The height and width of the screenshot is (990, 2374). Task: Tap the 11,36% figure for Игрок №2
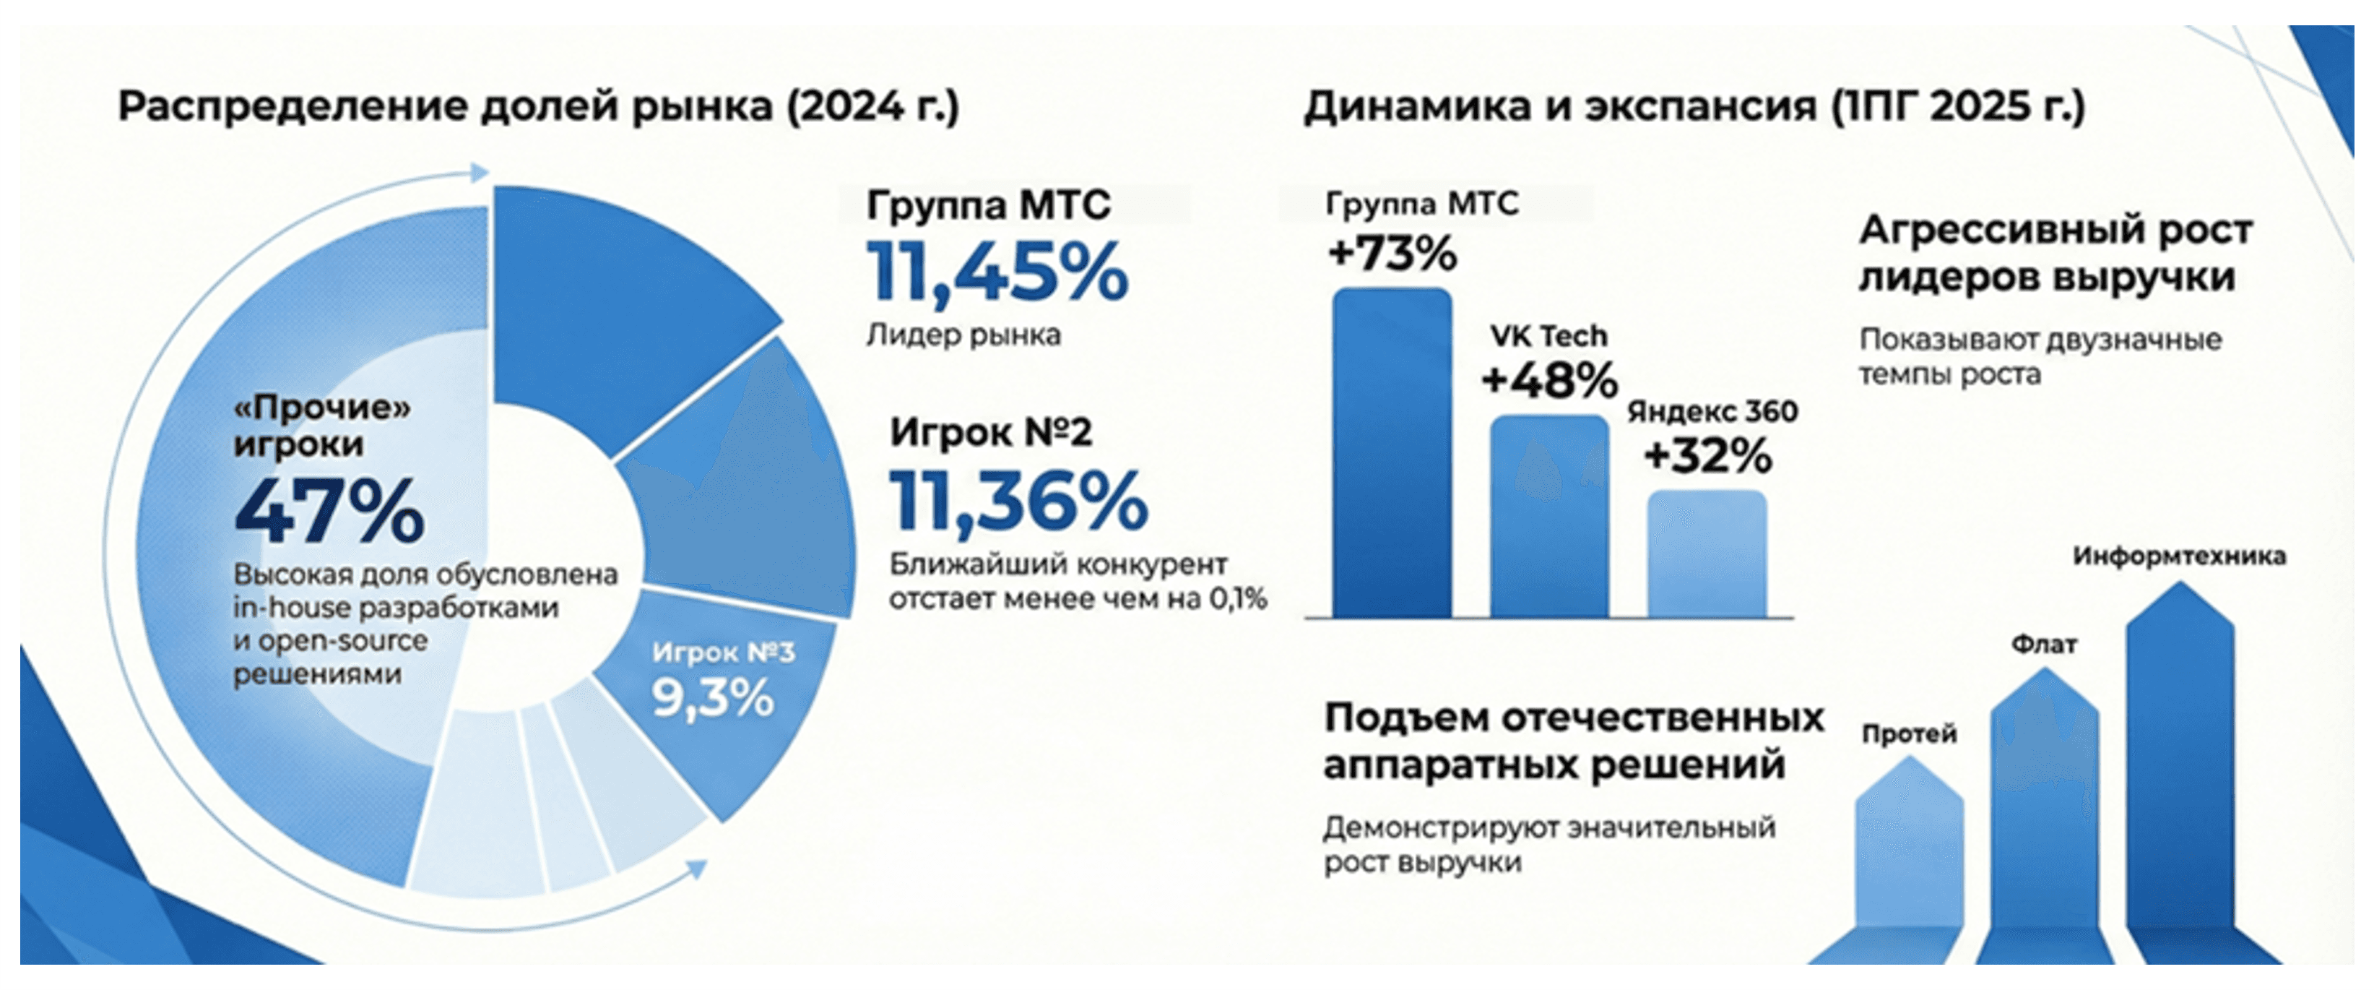coord(1019,502)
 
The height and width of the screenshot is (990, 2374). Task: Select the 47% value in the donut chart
coord(329,512)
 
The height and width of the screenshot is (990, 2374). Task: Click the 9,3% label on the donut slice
coord(712,699)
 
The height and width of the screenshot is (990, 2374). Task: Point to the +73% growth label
coord(1392,253)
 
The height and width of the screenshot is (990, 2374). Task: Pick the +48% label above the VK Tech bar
coord(1549,381)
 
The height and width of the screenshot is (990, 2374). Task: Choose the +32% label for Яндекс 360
coord(1707,455)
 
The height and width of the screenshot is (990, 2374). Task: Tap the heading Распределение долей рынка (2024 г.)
coord(538,106)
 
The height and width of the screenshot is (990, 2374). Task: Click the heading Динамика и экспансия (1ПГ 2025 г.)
coord(1694,106)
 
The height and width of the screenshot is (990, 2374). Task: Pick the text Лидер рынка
coord(963,335)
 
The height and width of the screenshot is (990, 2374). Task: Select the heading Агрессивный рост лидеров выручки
coord(2055,253)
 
